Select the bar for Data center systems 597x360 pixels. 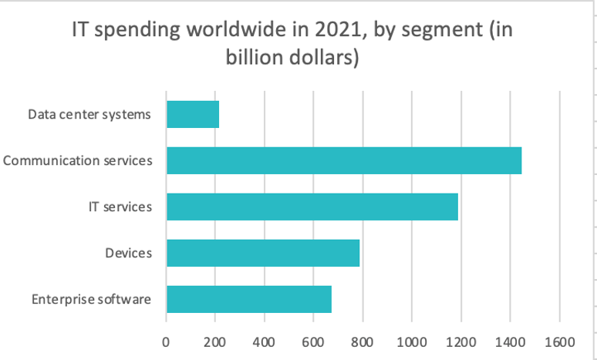[193, 115]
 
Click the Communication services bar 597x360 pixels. [344, 160]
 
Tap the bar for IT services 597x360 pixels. [312, 207]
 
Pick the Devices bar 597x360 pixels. [263, 253]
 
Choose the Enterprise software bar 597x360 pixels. [249, 299]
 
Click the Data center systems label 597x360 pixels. [89, 116]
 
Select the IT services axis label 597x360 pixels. [119, 207]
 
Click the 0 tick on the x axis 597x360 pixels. [166, 341]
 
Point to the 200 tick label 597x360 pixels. [215, 341]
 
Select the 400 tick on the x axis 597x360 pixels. [265, 341]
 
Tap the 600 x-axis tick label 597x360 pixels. [313, 341]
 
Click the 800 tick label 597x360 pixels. [363, 341]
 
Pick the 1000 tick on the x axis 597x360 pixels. [412, 341]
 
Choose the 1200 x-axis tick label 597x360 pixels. [461, 341]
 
